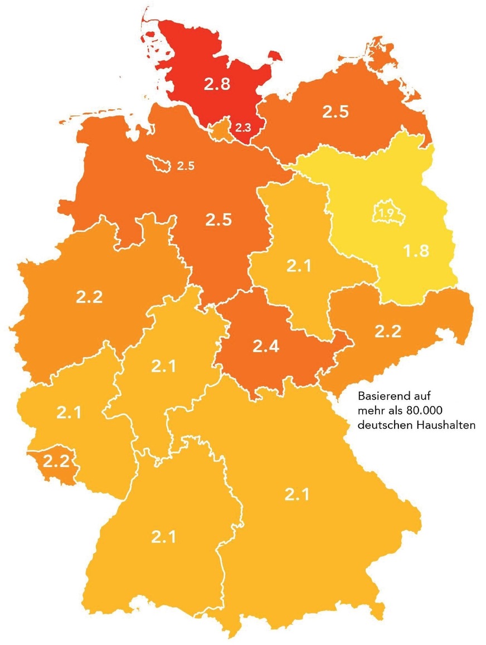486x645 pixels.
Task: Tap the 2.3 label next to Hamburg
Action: click(243, 128)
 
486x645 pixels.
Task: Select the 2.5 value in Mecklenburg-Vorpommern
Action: click(336, 111)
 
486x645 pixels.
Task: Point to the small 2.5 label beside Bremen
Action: click(186, 166)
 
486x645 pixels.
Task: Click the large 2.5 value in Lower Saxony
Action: click(218, 220)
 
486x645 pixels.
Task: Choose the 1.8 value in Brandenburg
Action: click(416, 251)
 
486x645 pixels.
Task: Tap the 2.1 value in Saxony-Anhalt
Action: click(299, 266)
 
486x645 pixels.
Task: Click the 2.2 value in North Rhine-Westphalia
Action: click(89, 297)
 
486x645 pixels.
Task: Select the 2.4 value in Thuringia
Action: click(266, 346)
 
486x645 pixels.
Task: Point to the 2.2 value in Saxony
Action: click(388, 332)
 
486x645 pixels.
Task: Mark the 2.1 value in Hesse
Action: click(163, 366)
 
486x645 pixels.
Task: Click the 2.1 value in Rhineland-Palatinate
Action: click(69, 413)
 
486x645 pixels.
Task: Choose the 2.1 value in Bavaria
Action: click(297, 494)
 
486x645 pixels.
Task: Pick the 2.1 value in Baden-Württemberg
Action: click(163, 537)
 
